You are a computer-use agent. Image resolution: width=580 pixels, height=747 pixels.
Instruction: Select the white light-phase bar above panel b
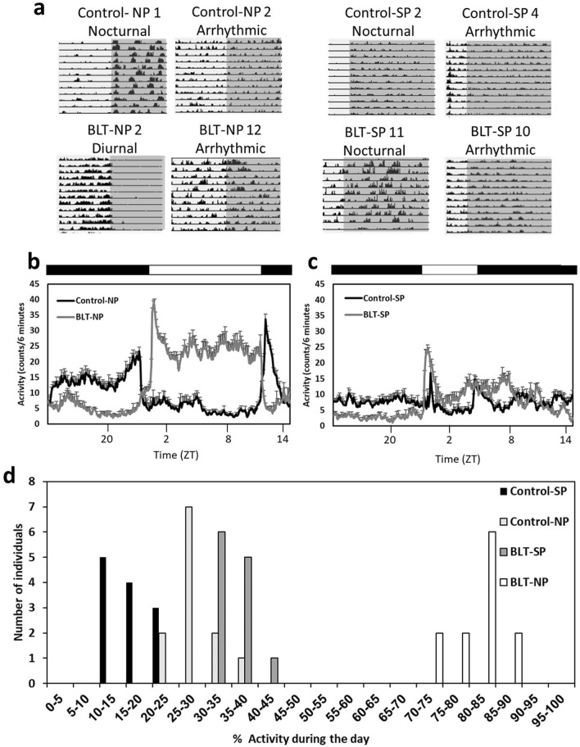205,269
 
